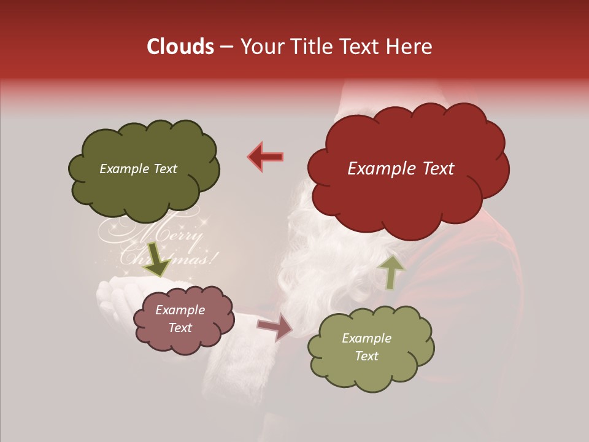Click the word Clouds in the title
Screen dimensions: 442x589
pos(180,47)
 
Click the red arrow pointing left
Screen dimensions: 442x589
pos(266,157)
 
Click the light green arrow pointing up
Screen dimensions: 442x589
pos(391,272)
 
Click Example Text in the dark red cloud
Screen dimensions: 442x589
pos(401,169)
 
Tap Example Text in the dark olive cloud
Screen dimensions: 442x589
pos(138,169)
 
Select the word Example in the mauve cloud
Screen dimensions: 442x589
pos(180,310)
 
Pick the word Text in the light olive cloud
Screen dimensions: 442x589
pos(366,356)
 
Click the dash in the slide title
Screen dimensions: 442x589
pos(226,47)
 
